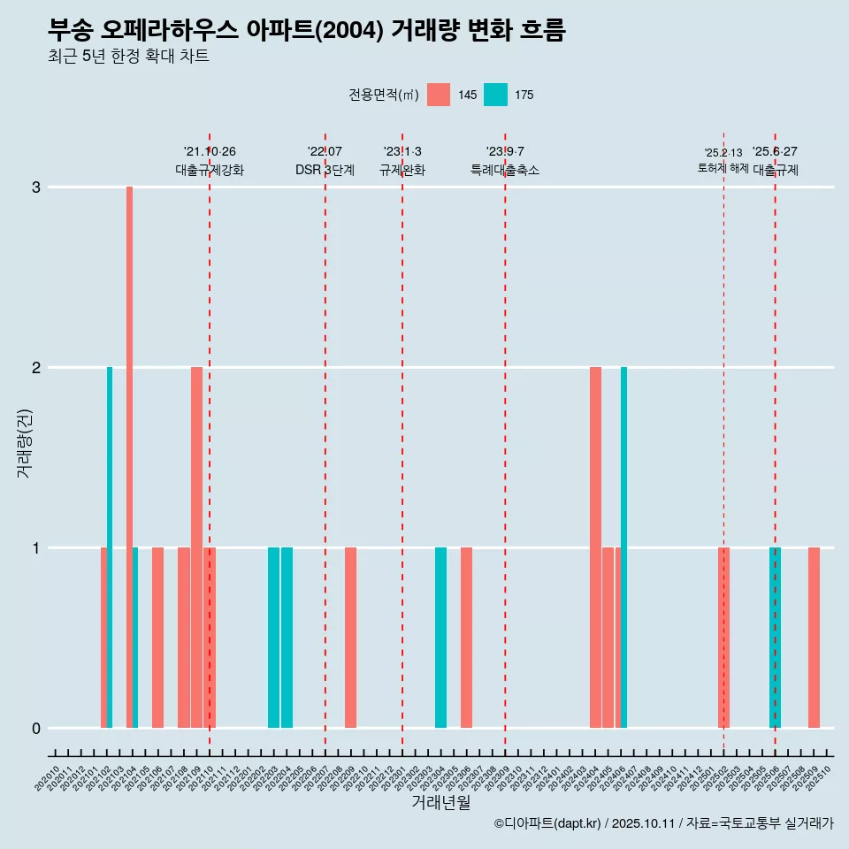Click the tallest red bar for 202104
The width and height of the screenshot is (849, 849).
129,456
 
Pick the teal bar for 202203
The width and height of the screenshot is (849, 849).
273,638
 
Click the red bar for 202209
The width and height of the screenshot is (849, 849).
350,638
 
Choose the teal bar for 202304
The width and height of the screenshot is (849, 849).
440,638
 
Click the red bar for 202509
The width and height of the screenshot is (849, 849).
814,638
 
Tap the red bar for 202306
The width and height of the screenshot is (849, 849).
466,638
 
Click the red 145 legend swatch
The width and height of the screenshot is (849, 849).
439,95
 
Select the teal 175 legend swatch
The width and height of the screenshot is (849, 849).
495,95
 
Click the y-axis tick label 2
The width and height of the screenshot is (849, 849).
36,368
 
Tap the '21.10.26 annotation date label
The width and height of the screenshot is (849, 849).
210,151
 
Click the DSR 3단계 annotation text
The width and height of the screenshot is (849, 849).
325,170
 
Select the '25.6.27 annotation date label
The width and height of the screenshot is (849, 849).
775,151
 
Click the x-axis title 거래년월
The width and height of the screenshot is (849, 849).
440,802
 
